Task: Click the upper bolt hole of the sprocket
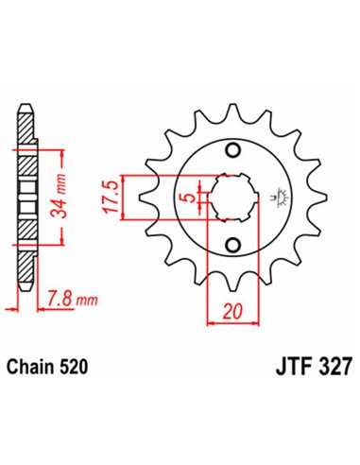(x=231, y=151)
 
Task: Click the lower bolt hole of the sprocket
(x=231, y=248)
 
